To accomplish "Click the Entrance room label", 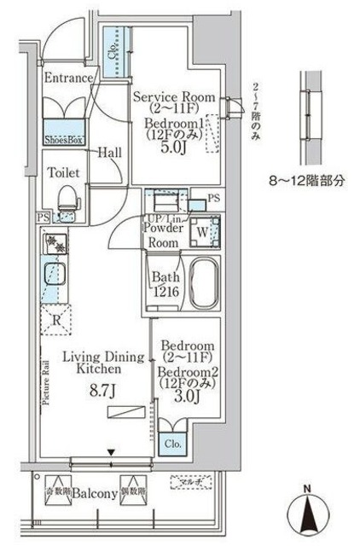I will (68, 78).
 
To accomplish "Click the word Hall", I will (109, 153).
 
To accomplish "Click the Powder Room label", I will (165, 235).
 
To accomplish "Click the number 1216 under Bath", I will (165, 290).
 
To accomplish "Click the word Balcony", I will (94, 493).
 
